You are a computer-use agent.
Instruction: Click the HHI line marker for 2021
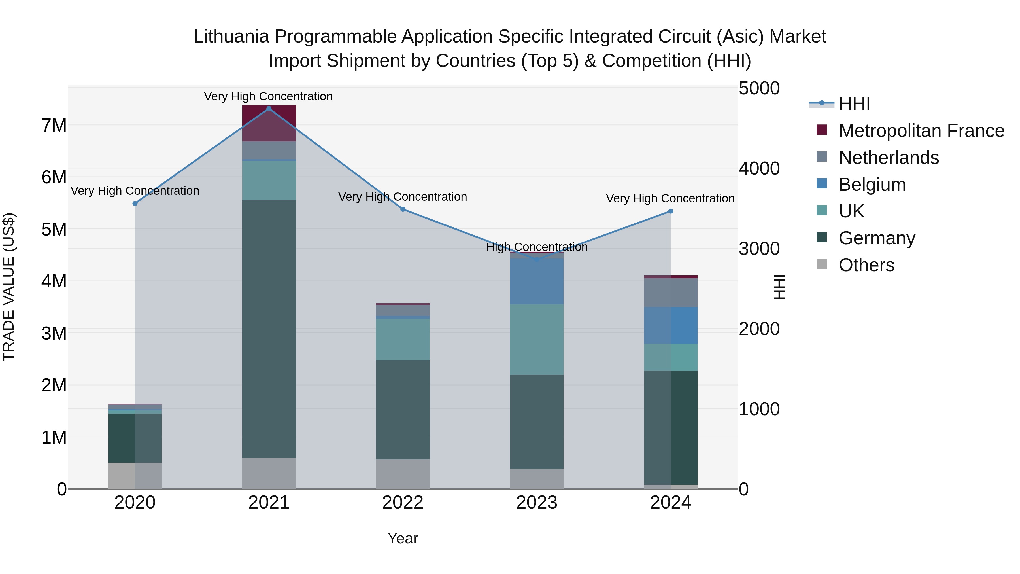tap(269, 109)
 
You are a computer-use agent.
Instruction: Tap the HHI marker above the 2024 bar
tap(670, 211)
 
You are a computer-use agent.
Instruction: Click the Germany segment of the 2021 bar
tap(269, 329)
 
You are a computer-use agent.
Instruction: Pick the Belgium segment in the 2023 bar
tap(537, 281)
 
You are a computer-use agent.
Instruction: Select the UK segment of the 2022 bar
tap(403, 339)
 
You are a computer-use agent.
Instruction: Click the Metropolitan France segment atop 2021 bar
tap(269, 123)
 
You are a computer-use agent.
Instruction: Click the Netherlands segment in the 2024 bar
tap(670, 292)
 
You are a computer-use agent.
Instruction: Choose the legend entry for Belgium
tap(872, 185)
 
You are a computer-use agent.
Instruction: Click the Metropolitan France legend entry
tap(921, 131)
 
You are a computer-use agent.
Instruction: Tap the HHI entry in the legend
tap(854, 104)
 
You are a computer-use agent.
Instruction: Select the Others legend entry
tap(866, 265)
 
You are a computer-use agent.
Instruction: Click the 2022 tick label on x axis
tap(403, 503)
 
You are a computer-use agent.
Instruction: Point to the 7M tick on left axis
tap(54, 126)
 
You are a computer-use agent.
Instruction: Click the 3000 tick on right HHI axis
tap(759, 249)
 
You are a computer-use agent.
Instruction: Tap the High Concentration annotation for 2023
tap(537, 247)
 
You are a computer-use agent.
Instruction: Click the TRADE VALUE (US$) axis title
tap(9, 287)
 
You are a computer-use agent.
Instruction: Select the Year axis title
tap(403, 538)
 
